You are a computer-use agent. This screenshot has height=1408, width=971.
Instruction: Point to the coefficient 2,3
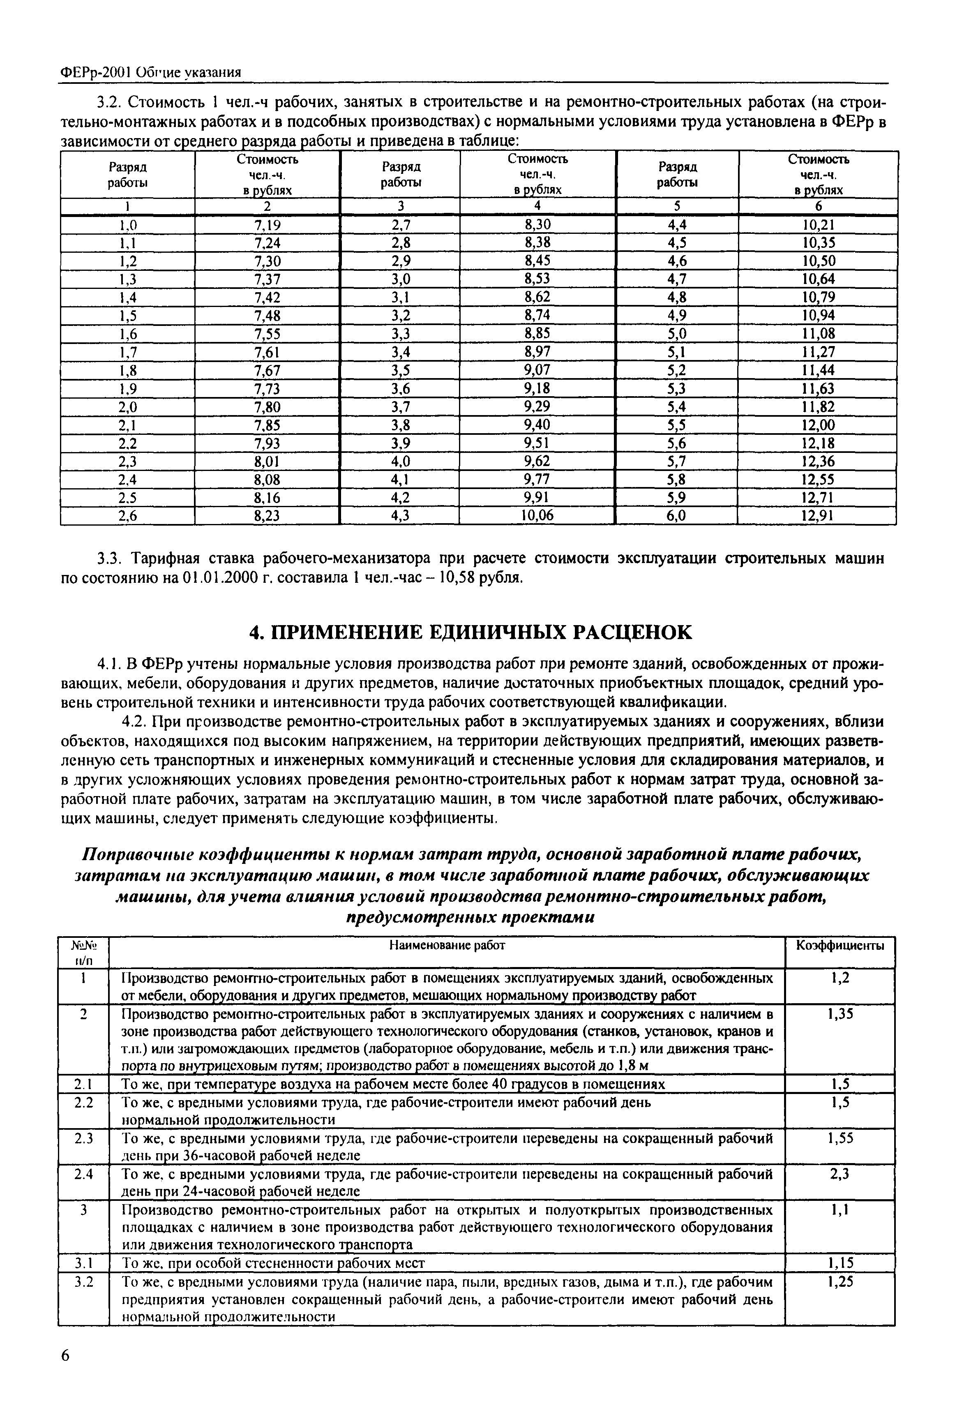coord(840,1175)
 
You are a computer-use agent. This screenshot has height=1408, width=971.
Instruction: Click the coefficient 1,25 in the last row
coord(840,1283)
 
